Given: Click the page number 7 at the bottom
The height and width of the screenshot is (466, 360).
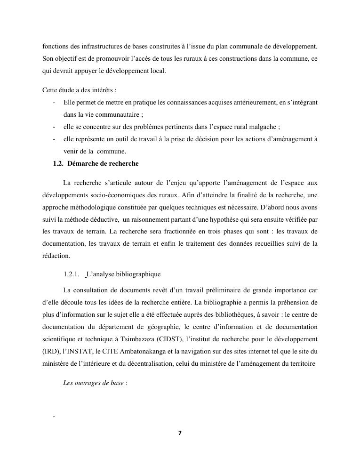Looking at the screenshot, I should [x=180, y=433].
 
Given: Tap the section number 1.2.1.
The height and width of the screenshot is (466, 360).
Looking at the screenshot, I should [x=71, y=274].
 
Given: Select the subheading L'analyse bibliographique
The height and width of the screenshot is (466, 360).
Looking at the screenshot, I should [x=124, y=274].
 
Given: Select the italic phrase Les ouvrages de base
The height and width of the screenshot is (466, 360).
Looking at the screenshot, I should [x=93, y=383].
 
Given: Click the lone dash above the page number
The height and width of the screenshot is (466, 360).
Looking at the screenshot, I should [x=55, y=417].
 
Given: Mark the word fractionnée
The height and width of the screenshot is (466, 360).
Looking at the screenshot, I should [x=145, y=232].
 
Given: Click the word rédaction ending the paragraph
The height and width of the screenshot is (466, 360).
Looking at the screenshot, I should [x=56, y=256].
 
